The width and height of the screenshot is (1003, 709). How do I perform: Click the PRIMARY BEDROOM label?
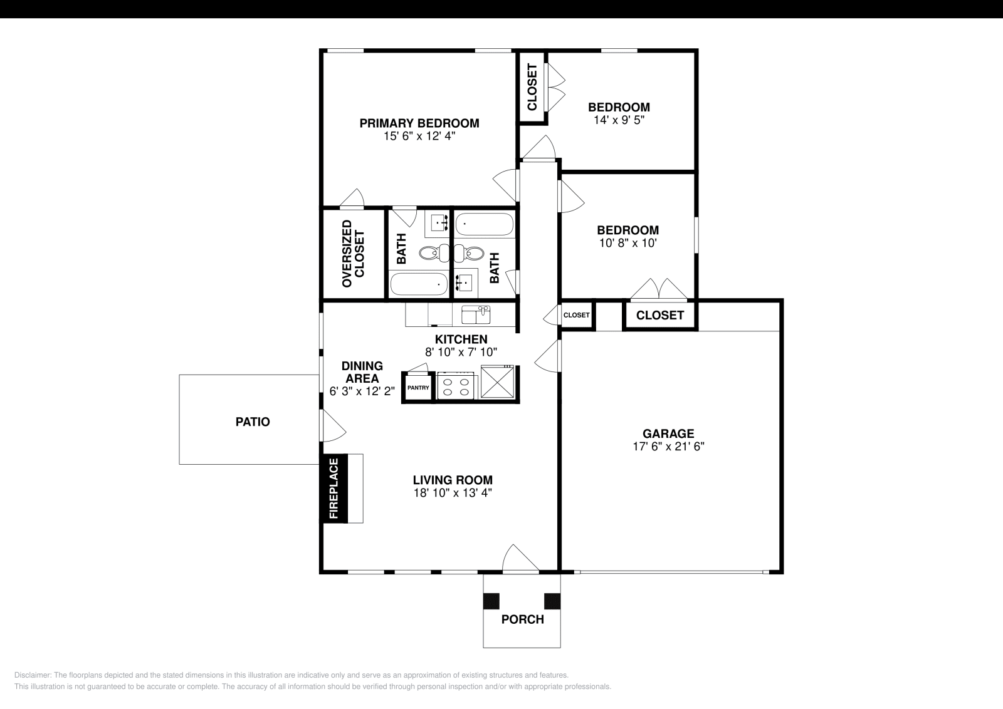coord(419,123)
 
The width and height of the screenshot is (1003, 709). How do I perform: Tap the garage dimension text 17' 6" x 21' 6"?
coord(668,447)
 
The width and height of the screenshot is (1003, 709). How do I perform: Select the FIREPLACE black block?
coord(333,489)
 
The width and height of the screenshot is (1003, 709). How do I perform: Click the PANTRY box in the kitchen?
coord(418,388)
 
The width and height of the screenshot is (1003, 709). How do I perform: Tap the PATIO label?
coord(253,422)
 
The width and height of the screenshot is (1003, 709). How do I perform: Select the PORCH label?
coord(522,619)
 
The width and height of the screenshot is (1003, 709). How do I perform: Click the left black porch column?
coord(491,601)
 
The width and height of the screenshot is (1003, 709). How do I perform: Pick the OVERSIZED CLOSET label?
coord(353,254)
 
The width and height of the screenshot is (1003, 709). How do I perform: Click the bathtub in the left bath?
coord(419,285)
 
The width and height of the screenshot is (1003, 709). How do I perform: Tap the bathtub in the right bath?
coord(484,224)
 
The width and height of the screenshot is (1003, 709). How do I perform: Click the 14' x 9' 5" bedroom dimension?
coord(619,120)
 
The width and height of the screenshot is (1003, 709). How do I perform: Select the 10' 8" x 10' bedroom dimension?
coord(628,243)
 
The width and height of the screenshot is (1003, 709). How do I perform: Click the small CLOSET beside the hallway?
coord(576,315)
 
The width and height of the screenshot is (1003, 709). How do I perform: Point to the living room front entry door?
coord(520,559)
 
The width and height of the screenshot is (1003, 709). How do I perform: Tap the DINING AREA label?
coord(362,372)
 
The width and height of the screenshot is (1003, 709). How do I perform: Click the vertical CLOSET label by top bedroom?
coord(532,88)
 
